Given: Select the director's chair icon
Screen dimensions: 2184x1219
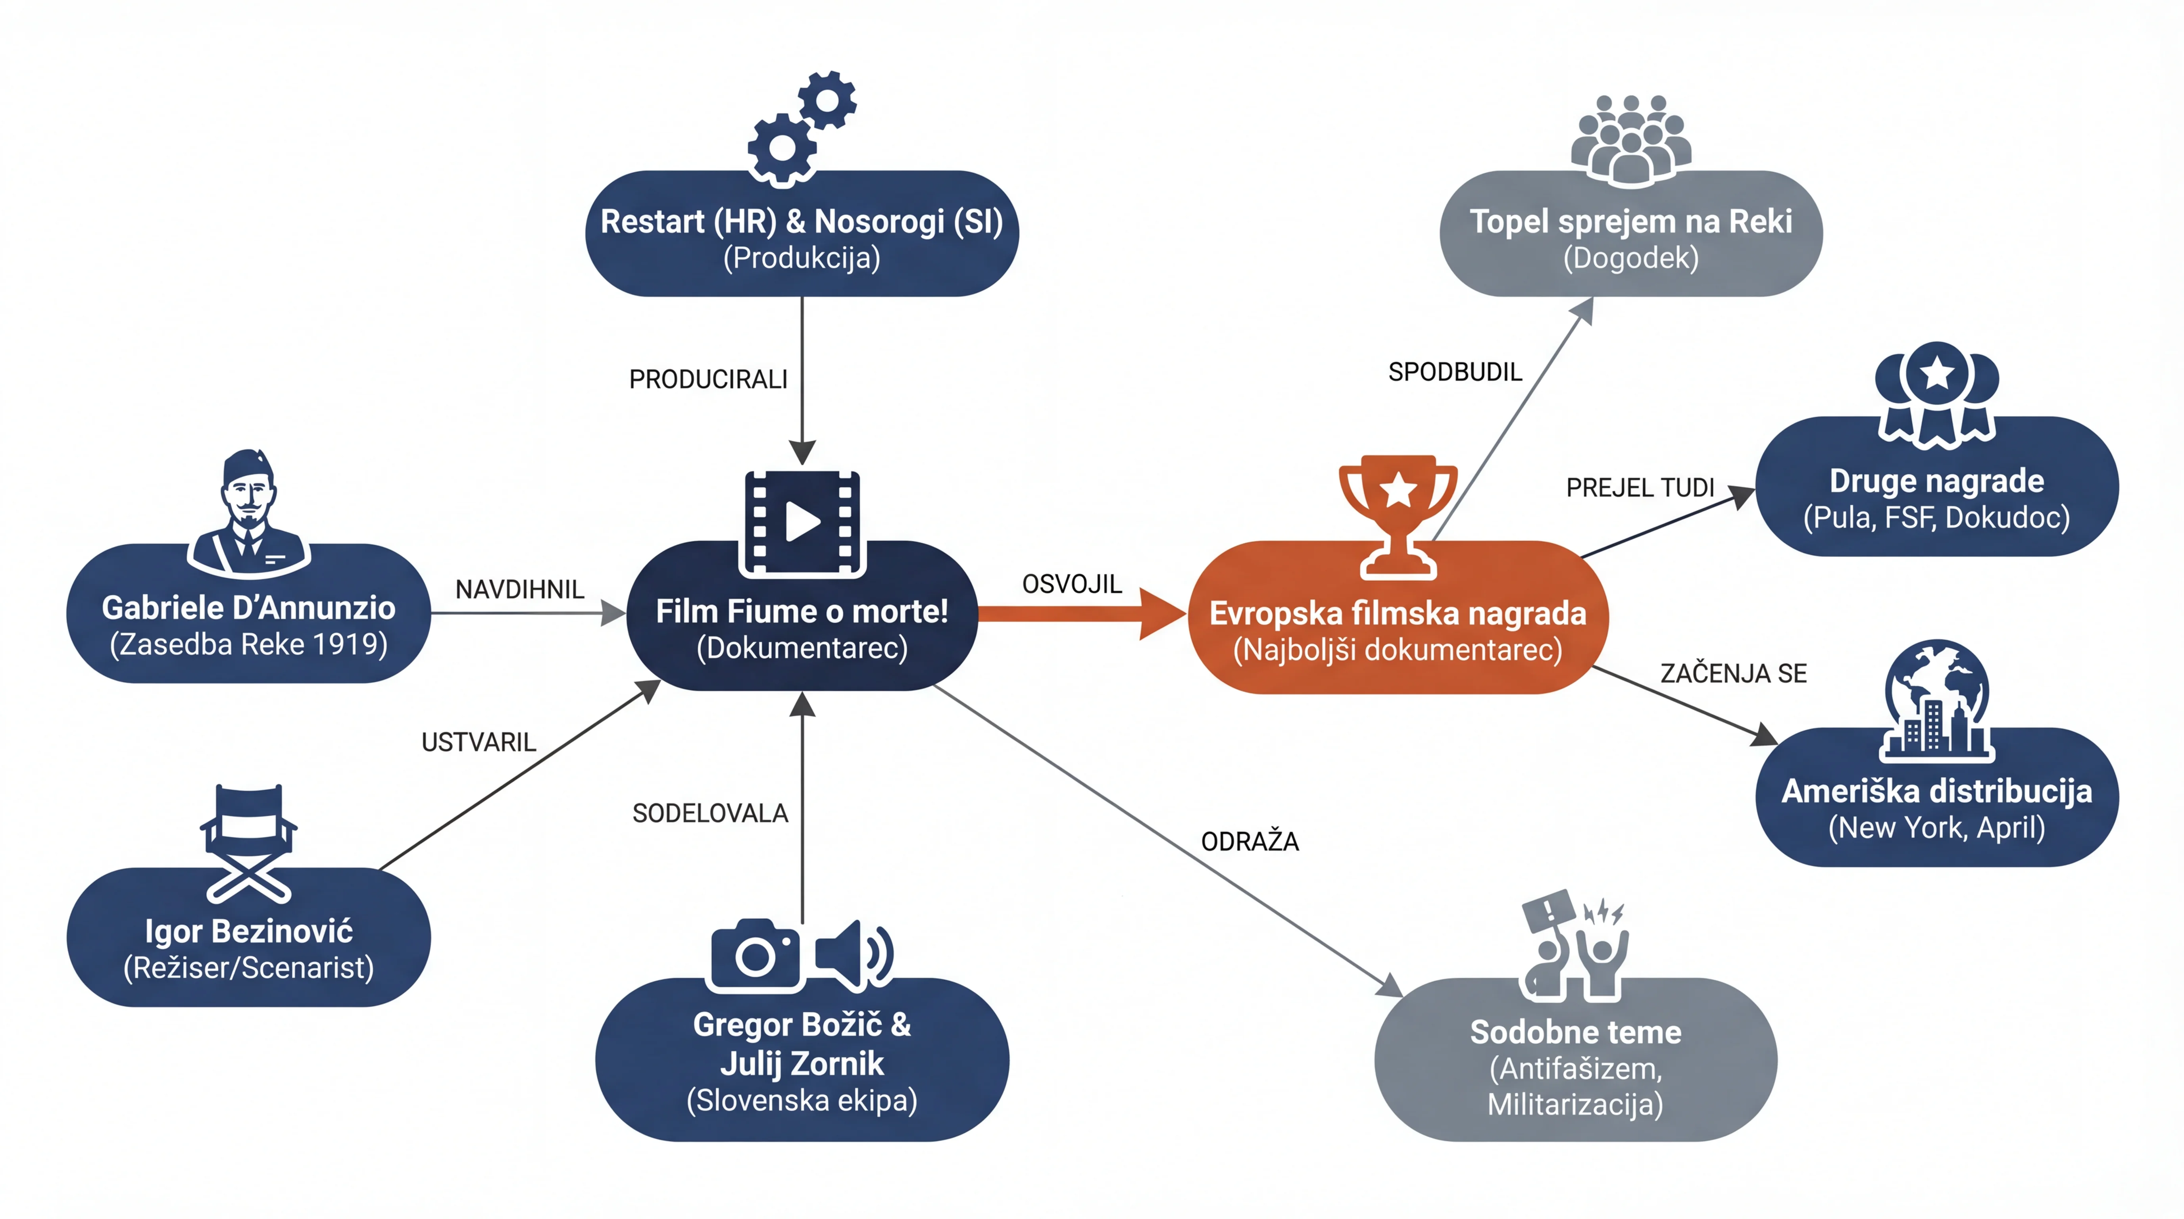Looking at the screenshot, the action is click(x=248, y=844).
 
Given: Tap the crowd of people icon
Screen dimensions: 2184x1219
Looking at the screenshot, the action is click(x=1630, y=140).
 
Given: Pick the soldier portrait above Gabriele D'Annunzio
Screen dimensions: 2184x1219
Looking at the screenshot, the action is click(x=248, y=513).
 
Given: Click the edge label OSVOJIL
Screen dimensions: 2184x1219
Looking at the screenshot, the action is click(x=1072, y=584).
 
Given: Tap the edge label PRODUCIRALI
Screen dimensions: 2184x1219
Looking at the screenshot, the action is click(x=708, y=379).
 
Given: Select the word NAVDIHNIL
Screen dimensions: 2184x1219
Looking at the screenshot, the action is click(x=520, y=589).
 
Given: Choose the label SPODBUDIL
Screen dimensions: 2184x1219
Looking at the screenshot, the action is click(x=1455, y=371).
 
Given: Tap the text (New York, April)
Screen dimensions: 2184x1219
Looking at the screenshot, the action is click(x=1936, y=827).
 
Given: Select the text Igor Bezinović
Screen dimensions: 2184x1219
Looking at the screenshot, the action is click(x=248, y=931).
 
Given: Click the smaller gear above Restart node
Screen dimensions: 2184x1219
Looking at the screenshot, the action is click(x=827, y=100).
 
